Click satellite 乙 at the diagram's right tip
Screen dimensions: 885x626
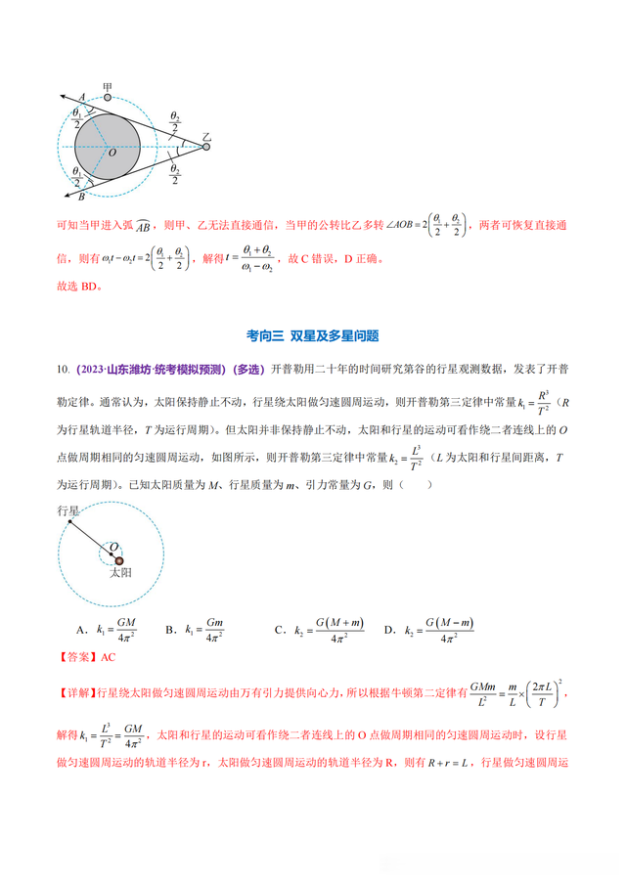[206, 146]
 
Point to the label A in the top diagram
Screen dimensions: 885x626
[82, 95]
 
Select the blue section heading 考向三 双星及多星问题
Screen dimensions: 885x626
[312, 335]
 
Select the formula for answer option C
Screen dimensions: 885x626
[334, 631]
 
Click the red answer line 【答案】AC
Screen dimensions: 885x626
[87, 657]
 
